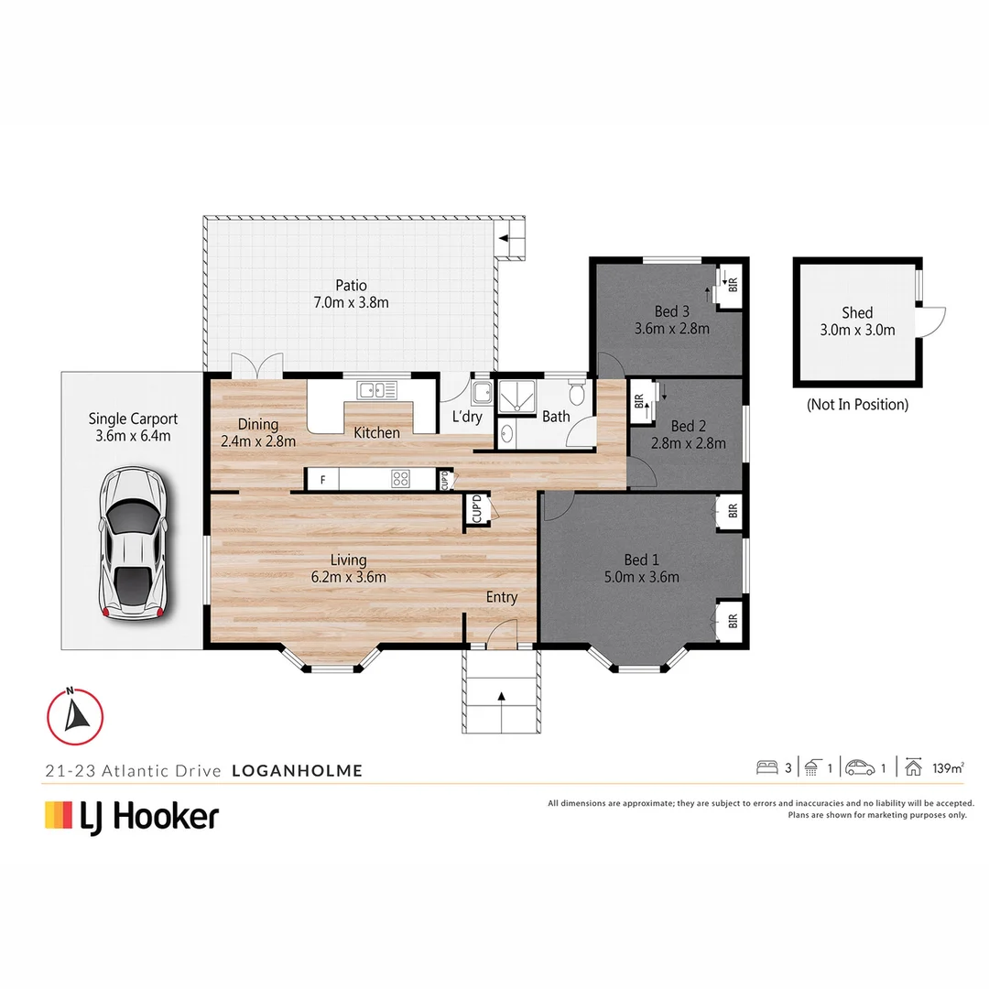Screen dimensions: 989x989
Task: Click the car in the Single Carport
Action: [134, 545]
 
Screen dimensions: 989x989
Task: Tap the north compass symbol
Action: [75, 714]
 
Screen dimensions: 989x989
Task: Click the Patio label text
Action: [351, 294]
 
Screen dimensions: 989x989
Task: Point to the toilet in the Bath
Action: [576, 395]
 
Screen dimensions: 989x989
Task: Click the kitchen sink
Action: [377, 390]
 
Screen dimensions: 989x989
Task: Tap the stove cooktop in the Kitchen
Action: [401, 478]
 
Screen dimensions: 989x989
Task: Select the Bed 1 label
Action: [641, 568]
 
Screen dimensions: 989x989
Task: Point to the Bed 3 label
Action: [671, 320]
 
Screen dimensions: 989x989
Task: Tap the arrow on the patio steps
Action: [505, 240]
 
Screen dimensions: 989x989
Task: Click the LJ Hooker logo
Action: [132, 815]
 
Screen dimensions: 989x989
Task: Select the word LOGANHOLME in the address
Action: [297, 771]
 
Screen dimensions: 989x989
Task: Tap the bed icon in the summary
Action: [766, 767]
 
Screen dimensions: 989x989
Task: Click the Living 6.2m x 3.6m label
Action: [349, 568]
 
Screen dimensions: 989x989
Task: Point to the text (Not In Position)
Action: [857, 404]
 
